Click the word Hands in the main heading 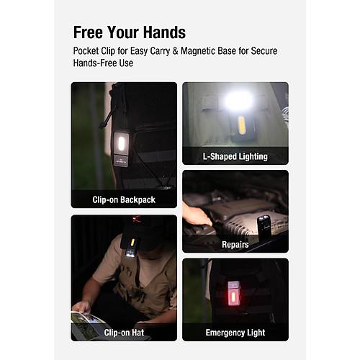click(x=165, y=32)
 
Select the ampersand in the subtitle click(x=175, y=51)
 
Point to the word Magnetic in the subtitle click(x=197, y=51)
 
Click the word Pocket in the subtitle click(x=86, y=51)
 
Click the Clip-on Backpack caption click(x=124, y=199)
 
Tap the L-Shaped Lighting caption click(x=235, y=156)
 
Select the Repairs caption click(x=235, y=245)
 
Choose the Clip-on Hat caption click(x=124, y=333)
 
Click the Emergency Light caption click(x=235, y=333)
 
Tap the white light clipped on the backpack click(x=121, y=143)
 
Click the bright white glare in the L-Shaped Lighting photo click(x=238, y=100)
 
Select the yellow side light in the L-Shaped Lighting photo click(x=242, y=125)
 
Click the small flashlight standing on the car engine click(x=264, y=228)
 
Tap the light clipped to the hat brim click(x=131, y=248)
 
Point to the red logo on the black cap click(x=137, y=219)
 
